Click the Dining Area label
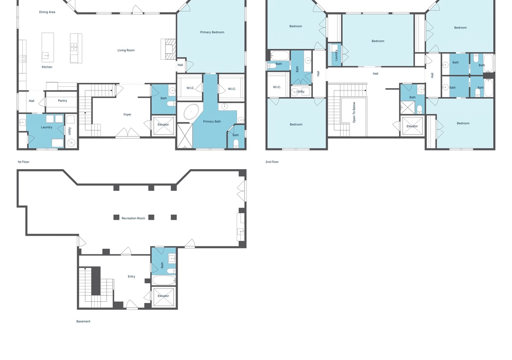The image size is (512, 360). pos(47,12)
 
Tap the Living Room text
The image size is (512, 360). pos(126,50)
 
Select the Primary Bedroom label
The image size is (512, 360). pos(212,32)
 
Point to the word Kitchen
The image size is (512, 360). pos(47,67)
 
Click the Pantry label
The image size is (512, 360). pos(63,100)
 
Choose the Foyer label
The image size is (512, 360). pos(128,115)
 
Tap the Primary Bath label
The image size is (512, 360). pos(212,121)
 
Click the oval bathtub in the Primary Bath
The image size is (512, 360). pos(191,112)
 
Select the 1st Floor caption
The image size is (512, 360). pos(24,162)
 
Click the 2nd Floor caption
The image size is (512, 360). pos(272,162)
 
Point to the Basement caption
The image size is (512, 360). pos(83,322)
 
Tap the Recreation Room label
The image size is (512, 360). pos(133,218)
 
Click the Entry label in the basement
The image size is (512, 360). pos(131,277)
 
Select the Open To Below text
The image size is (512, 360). pos(354,112)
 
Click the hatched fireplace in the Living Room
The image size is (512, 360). pos(170,49)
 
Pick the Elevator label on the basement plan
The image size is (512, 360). pos(163,296)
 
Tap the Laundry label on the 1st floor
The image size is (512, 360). pos(46,127)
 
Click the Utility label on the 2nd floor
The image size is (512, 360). pos(301,92)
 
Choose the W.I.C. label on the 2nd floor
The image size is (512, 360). pos(277,87)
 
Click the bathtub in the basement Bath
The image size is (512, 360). pos(164,281)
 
